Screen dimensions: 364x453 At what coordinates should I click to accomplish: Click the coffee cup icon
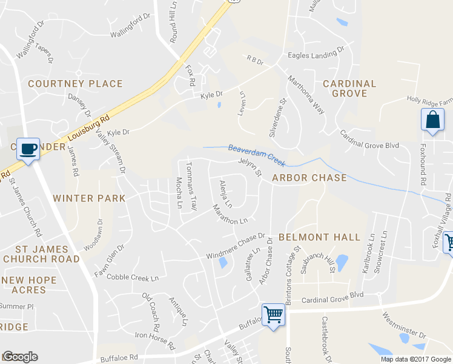pyautogui.click(x=28, y=148)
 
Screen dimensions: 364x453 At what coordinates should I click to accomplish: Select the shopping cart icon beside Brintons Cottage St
pyautogui.click(x=274, y=315)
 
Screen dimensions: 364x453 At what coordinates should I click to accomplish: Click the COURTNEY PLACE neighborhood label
pyautogui.click(x=75, y=84)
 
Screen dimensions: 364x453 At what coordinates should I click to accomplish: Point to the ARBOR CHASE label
pyautogui.click(x=309, y=178)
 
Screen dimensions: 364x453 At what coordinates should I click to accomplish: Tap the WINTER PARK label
pyautogui.click(x=89, y=198)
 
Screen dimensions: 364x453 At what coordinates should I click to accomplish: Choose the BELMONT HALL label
pyautogui.click(x=319, y=237)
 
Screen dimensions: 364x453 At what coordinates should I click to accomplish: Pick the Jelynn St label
pyautogui.click(x=250, y=167)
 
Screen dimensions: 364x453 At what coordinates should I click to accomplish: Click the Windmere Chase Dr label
pyautogui.click(x=237, y=246)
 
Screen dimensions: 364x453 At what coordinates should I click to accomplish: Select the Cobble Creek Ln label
pyautogui.click(x=132, y=277)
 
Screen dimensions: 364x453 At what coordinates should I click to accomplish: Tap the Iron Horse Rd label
pyautogui.click(x=154, y=340)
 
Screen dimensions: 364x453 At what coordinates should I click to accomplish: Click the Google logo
pyautogui.click(x=19, y=357)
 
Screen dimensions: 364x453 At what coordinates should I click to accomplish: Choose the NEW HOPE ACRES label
pyautogui.click(x=29, y=286)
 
